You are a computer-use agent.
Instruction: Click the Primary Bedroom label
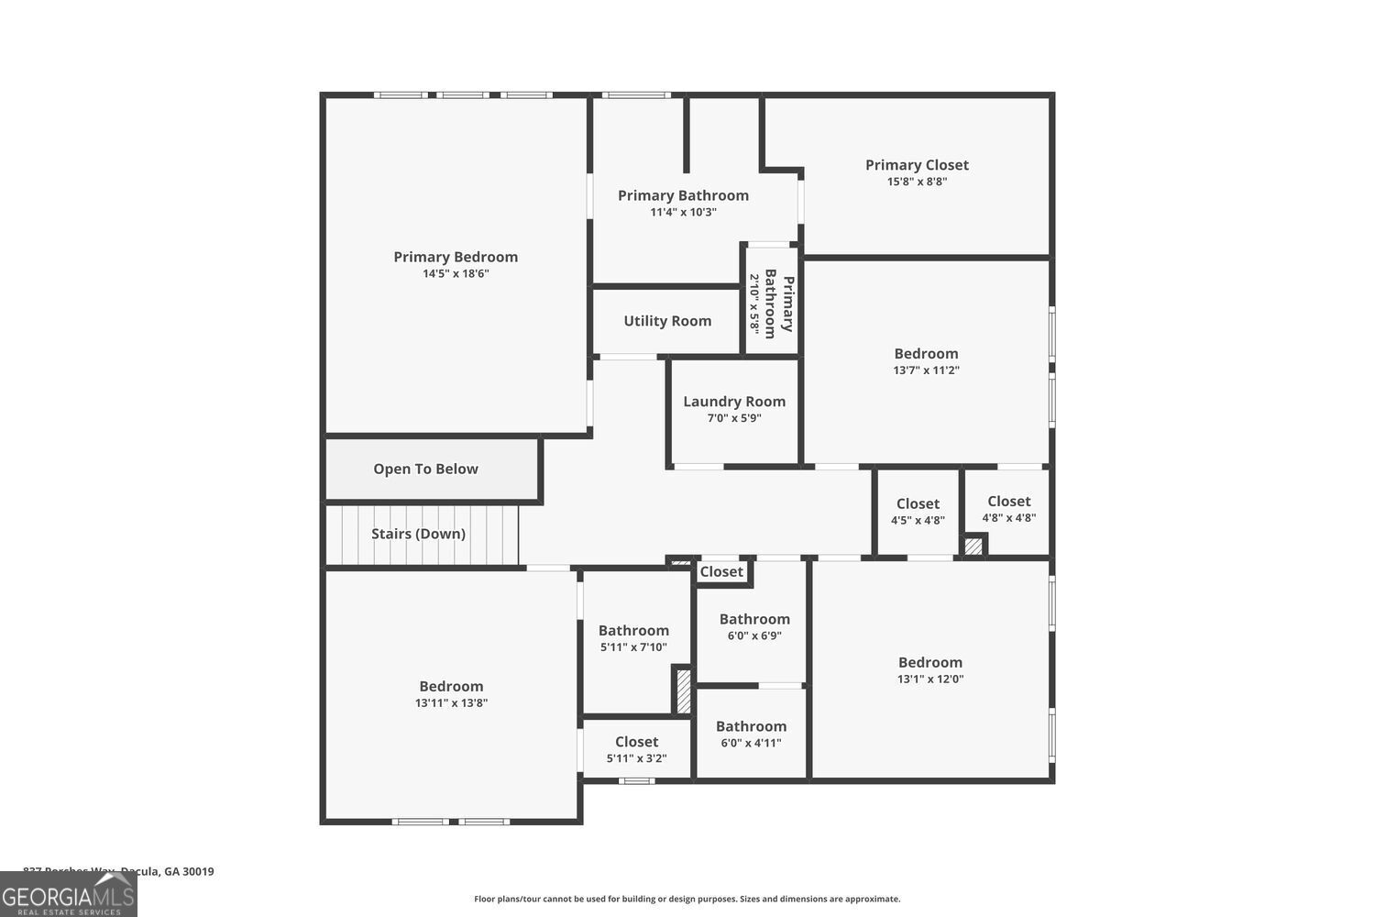coord(456,257)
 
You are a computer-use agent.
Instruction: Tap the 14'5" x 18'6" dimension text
coord(456,273)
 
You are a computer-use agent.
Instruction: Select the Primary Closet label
coord(917,165)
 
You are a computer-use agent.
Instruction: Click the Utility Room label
coord(667,321)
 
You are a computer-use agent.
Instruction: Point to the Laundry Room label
coord(734,402)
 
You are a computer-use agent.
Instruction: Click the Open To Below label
coord(425,469)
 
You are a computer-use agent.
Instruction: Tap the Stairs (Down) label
coord(418,534)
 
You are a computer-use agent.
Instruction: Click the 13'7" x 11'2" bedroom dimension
coord(926,370)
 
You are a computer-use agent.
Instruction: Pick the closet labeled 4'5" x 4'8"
coord(918,511)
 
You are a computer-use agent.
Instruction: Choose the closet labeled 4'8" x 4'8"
coord(1008,509)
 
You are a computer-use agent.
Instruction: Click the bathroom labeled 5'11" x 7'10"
coord(633,637)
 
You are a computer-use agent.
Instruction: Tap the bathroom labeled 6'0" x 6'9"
coord(754,626)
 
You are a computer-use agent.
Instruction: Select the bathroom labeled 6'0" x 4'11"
coord(751,734)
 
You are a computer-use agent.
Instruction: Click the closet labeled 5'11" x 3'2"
coord(636,749)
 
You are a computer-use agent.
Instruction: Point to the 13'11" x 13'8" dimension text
coord(451,703)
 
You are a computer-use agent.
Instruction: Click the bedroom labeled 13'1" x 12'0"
coord(930,669)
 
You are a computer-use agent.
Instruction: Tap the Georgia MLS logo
coord(68,894)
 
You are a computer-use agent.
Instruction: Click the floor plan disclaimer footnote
coord(687,900)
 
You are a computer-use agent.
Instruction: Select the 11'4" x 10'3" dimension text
coord(683,212)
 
